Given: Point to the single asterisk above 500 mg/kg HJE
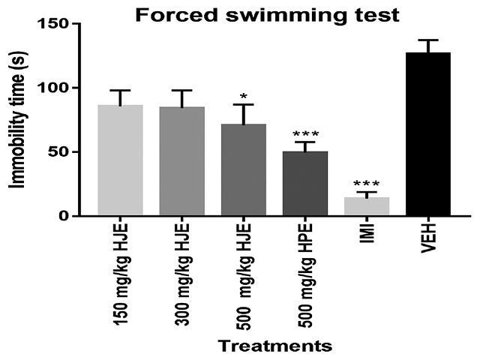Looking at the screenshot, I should [x=243, y=97].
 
